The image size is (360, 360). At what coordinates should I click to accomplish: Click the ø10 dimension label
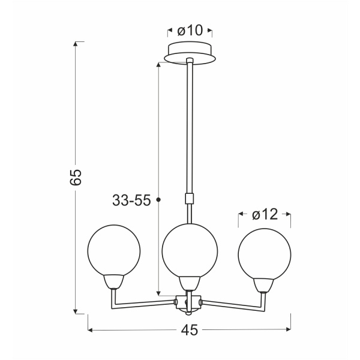(x=190, y=30)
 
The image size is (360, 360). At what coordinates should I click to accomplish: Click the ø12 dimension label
(x=265, y=214)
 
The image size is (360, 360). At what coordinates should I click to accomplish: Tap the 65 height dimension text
(x=75, y=178)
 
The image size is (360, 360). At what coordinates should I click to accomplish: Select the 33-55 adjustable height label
(x=131, y=201)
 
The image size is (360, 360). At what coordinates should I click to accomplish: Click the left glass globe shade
(x=114, y=249)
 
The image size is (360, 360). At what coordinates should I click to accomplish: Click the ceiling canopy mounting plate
(x=190, y=53)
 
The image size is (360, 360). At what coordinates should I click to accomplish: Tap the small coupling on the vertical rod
(x=190, y=198)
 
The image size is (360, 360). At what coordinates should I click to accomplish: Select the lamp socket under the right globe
(x=265, y=284)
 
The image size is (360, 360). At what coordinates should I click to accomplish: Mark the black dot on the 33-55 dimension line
(x=158, y=200)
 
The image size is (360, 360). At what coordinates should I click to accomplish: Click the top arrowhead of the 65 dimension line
(x=76, y=44)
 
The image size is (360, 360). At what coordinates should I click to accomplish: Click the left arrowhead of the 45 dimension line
(x=91, y=330)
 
